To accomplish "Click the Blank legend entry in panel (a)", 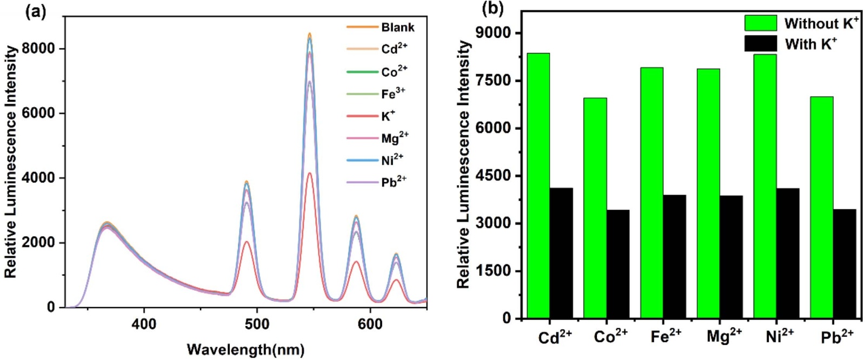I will pyautogui.click(x=397, y=27).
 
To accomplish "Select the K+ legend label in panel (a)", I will pyautogui.click(x=388, y=116).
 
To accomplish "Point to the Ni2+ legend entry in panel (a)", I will pyautogui.click(x=392, y=161).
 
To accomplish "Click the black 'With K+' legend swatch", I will pyautogui.click(x=760, y=44).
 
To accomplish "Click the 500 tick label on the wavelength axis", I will pyautogui.click(x=257, y=324).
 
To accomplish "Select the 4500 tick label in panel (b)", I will pyautogui.click(x=495, y=176).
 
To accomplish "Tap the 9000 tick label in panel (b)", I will pyautogui.click(x=495, y=34).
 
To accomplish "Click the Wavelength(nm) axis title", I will pyautogui.click(x=245, y=349).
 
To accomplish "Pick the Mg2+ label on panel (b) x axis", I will pyautogui.click(x=723, y=337).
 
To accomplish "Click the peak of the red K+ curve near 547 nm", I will pyautogui.click(x=309, y=174).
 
